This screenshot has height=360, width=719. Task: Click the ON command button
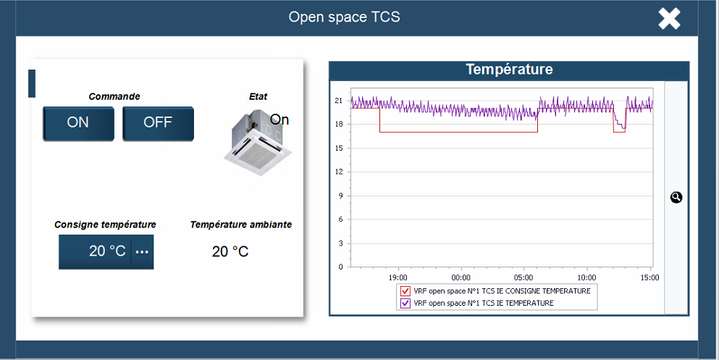click(x=78, y=123)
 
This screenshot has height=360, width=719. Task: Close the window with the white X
click(x=669, y=19)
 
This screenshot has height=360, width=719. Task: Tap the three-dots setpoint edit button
click(x=142, y=252)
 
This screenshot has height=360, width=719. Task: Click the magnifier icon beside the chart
click(x=676, y=197)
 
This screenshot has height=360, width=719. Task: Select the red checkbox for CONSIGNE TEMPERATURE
click(x=405, y=291)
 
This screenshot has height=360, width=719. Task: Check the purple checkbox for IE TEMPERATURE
click(x=405, y=303)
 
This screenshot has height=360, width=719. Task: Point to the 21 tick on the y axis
click(x=339, y=101)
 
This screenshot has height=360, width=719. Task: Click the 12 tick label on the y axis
click(x=339, y=172)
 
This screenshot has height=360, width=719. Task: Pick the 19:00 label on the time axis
click(x=398, y=277)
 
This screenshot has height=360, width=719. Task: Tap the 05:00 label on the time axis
click(x=524, y=277)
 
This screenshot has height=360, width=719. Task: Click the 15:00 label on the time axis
click(x=649, y=277)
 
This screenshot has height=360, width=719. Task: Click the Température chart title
click(x=509, y=70)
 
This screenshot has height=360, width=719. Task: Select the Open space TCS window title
click(x=344, y=17)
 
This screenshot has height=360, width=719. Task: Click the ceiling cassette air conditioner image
click(x=258, y=143)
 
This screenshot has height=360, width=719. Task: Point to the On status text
click(x=279, y=120)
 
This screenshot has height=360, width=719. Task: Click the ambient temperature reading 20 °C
click(x=230, y=251)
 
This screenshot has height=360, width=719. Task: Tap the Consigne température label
click(x=105, y=225)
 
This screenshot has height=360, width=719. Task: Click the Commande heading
click(x=114, y=97)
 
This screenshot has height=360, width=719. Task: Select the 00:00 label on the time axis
click(x=461, y=277)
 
